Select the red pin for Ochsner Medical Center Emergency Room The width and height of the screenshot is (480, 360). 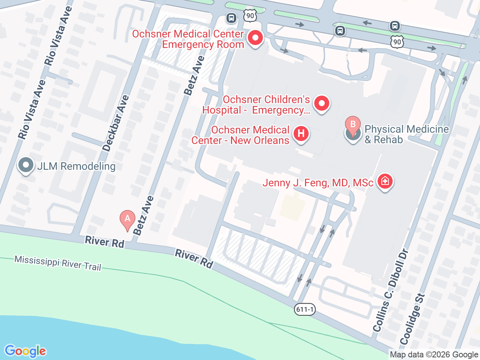[255, 38]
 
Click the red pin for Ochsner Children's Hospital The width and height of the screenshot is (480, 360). [321, 103]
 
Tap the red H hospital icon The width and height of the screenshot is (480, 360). [301, 133]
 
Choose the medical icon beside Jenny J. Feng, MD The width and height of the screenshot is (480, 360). [385, 181]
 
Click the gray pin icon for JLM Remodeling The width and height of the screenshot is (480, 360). [26, 165]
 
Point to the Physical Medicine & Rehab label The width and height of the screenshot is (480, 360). [406, 134]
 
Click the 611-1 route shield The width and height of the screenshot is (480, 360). [304, 309]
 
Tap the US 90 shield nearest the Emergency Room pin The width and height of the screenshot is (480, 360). [250, 16]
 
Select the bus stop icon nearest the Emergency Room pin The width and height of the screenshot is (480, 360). [231, 18]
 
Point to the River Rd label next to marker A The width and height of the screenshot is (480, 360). [104, 242]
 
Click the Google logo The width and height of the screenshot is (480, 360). [25, 351]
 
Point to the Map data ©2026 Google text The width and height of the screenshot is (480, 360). [434, 354]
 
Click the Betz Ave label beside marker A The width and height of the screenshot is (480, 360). [143, 215]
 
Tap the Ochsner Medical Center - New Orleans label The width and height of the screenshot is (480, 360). [240, 135]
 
